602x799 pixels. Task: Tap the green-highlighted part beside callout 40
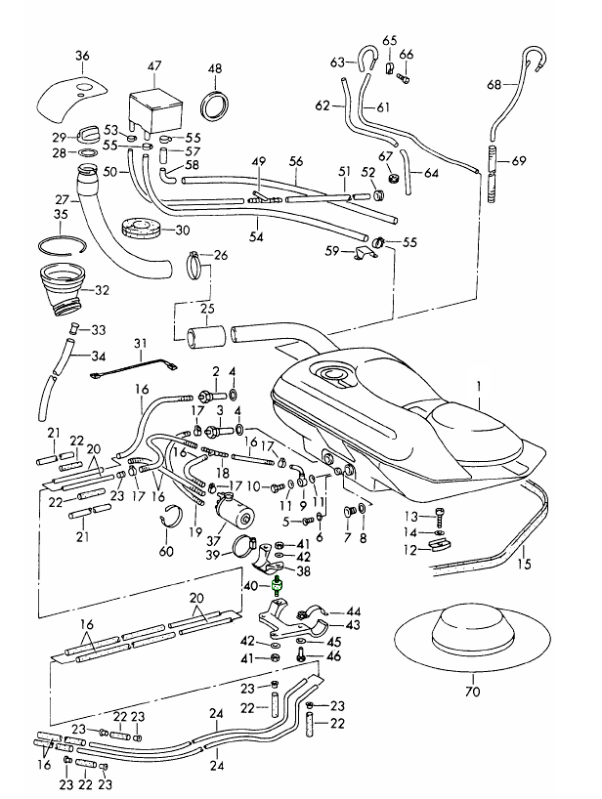[x=277, y=587]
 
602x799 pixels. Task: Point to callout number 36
[x=82, y=55]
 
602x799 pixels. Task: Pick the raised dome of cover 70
[x=474, y=621]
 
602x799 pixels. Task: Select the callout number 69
[x=518, y=160]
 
